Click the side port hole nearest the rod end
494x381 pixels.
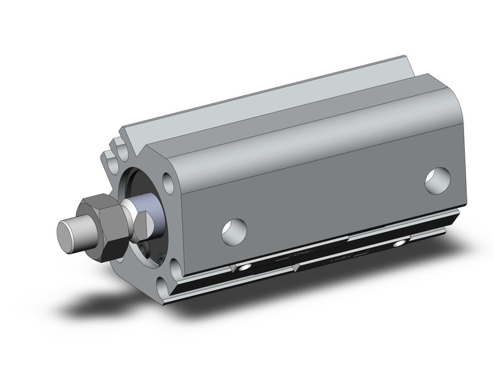pos(233,231)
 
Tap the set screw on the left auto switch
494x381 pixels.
pos(245,267)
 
